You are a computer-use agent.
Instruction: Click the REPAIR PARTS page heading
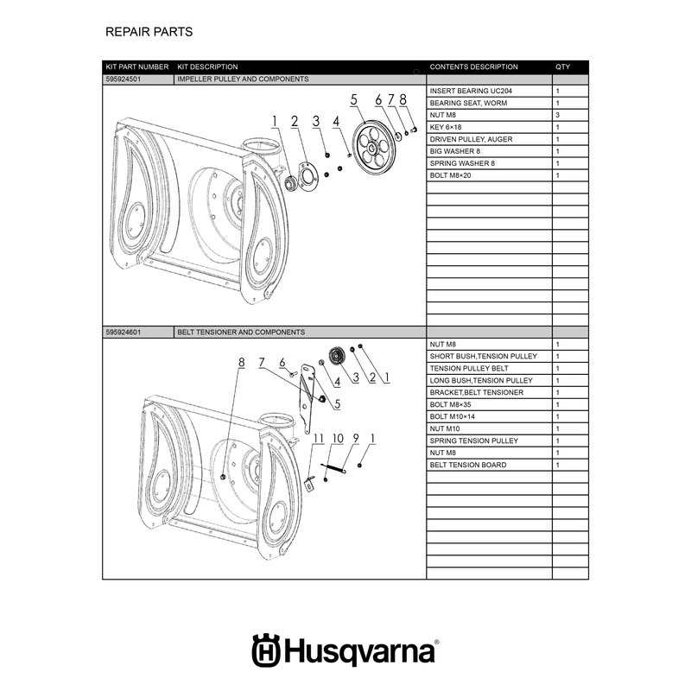coord(149,32)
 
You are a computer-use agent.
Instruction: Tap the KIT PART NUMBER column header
coord(137,67)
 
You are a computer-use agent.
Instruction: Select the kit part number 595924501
coord(124,79)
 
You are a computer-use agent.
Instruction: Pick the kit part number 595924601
coord(124,333)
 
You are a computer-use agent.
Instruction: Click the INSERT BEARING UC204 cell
coord(471,92)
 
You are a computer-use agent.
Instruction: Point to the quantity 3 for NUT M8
coord(557,115)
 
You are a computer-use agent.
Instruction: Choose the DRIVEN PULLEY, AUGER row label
coord(471,139)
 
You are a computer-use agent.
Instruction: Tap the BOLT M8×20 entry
coord(450,175)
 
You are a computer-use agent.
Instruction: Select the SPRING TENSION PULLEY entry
coord(473,441)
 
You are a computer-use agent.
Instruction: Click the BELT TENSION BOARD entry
coord(468,465)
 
